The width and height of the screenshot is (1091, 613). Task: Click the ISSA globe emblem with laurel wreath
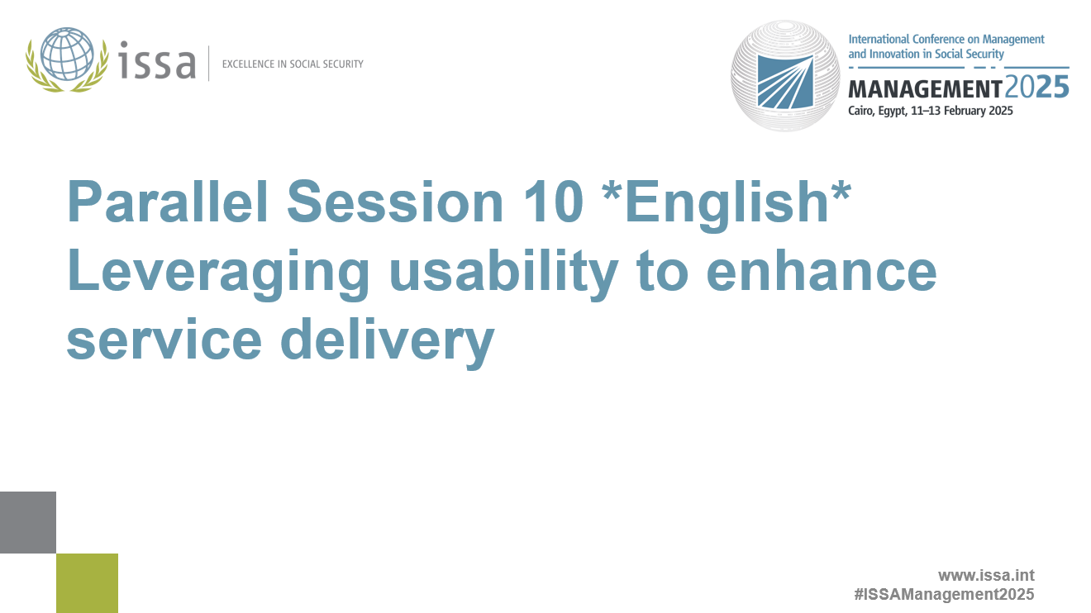pos(67,60)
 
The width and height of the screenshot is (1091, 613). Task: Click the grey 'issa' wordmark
pos(157,62)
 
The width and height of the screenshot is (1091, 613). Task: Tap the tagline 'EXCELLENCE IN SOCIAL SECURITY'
pos(293,64)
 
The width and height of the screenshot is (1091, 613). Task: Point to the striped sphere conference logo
pos(785,76)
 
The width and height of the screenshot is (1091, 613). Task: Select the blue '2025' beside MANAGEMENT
pos(1036,87)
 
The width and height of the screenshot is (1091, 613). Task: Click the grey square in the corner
pos(28,522)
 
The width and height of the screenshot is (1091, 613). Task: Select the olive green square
pos(87,583)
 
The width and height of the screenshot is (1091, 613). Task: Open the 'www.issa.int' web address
pos(985,575)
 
